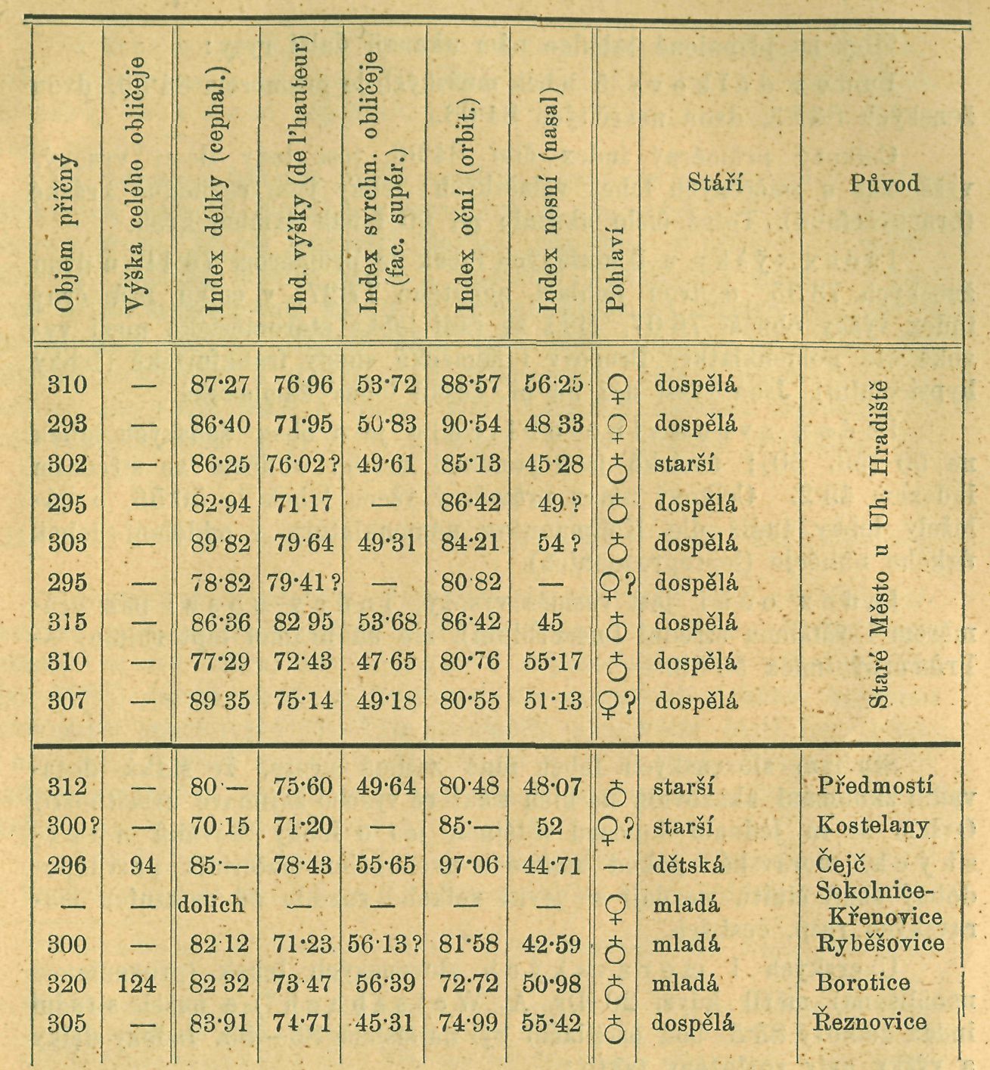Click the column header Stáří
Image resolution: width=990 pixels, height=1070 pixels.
click(715, 182)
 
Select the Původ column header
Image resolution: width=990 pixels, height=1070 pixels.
click(884, 183)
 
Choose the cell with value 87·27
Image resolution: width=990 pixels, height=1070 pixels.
click(219, 385)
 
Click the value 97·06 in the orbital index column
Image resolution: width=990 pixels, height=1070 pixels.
click(470, 864)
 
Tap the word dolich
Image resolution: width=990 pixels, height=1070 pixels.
click(212, 905)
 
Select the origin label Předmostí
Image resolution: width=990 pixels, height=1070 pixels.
click(875, 786)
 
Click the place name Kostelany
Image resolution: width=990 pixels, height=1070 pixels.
click(873, 825)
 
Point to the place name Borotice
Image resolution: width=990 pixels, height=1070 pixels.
click(863, 983)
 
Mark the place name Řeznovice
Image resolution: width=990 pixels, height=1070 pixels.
click(870, 1022)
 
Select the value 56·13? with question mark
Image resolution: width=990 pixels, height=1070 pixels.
click(383, 944)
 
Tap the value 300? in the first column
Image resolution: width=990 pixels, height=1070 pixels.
click(73, 826)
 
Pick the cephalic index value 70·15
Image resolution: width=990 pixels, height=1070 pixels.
click(219, 826)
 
